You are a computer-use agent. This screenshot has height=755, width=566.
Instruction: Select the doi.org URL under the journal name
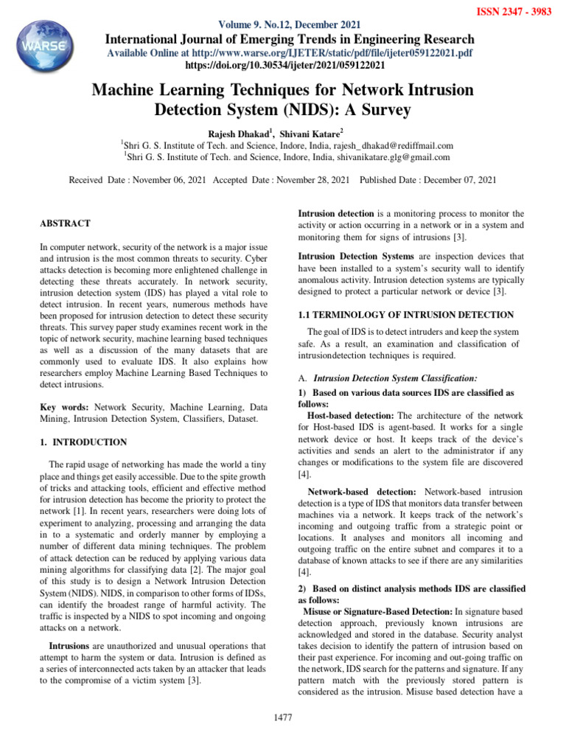click(x=283, y=65)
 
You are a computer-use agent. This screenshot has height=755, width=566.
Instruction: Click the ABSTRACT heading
click(x=66, y=223)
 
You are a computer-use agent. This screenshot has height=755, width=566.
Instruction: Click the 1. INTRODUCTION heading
click(x=84, y=442)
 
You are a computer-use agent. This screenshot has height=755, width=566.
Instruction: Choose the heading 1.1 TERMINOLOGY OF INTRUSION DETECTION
click(x=405, y=315)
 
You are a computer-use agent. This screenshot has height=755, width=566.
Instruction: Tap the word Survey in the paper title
click(x=383, y=110)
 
